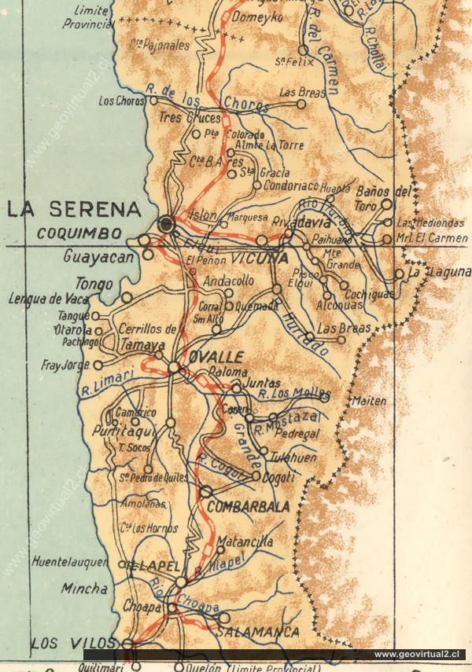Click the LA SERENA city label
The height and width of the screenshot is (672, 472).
point(74,210)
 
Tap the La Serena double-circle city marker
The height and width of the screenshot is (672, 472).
point(166,225)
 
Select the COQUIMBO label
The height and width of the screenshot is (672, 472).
point(79,233)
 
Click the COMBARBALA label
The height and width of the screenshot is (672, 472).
point(249,506)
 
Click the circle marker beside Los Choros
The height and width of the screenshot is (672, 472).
point(154,101)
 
